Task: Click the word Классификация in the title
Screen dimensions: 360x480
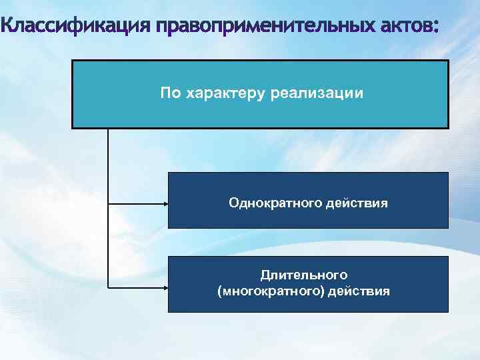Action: pos(76,27)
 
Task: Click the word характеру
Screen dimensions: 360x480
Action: pos(225,93)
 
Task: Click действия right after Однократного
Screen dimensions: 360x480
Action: pos(357,201)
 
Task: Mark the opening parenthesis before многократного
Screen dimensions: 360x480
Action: pos(220,291)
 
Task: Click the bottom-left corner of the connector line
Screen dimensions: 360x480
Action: pos(108,288)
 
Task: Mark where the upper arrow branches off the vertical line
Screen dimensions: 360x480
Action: pos(108,203)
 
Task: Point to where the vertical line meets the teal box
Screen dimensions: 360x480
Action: pos(108,128)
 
